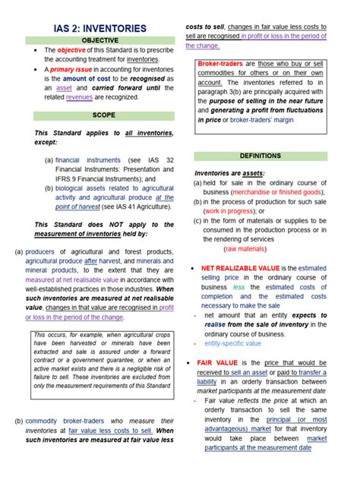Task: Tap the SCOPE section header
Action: [x=103, y=115]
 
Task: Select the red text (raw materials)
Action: [x=250, y=248]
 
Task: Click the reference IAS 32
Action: [x=160, y=160]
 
